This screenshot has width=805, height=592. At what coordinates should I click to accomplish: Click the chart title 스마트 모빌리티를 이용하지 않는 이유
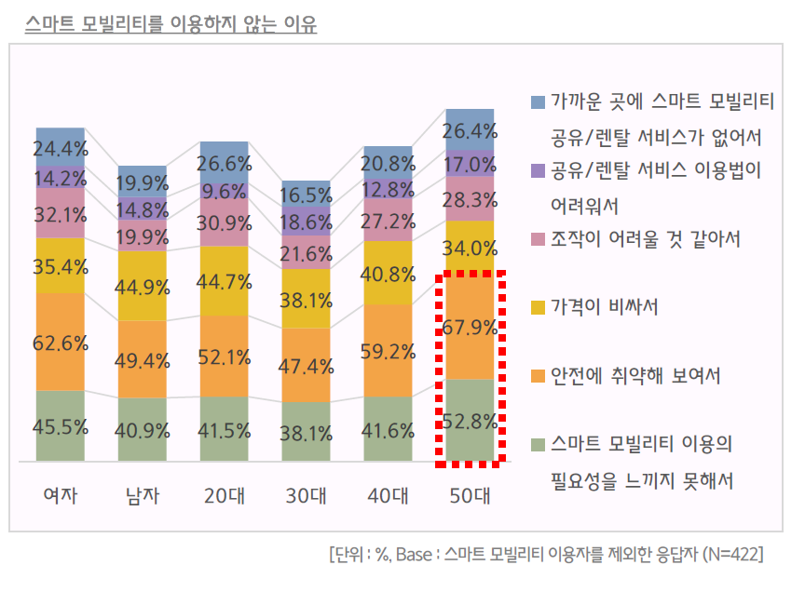pyautogui.click(x=171, y=23)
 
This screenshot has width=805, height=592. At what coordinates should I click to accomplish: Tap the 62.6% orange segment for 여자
pyautogui.click(x=61, y=342)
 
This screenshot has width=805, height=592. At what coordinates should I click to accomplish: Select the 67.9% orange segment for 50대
pyautogui.click(x=471, y=332)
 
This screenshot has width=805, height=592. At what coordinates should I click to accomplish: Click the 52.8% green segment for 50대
pyautogui.click(x=471, y=420)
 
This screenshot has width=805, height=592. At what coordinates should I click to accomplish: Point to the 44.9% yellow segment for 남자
pyautogui.click(x=143, y=285)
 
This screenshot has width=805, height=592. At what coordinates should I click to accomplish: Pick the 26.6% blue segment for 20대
pyautogui.click(x=225, y=164)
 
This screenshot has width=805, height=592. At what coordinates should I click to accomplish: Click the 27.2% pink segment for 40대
pyautogui.click(x=389, y=221)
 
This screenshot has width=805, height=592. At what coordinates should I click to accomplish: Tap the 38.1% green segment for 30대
pyautogui.click(x=307, y=432)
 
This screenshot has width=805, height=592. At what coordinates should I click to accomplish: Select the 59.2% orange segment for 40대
pyautogui.click(x=389, y=351)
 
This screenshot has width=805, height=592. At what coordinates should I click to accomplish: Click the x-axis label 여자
pyautogui.click(x=61, y=494)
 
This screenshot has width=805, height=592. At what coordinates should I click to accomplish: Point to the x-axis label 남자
pyautogui.click(x=143, y=494)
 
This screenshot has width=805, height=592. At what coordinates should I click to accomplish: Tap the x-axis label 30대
pyautogui.click(x=307, y=494)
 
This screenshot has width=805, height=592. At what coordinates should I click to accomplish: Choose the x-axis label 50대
pyautogui.click(x=471, y=494)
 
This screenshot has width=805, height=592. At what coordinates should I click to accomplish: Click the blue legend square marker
pyautogui.click(x=538, y=101)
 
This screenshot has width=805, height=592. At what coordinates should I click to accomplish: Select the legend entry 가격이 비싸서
pyautogui.click(x=605, y=307)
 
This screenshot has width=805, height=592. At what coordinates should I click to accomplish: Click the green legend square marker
pyautogui.click(x=538, y=445)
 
